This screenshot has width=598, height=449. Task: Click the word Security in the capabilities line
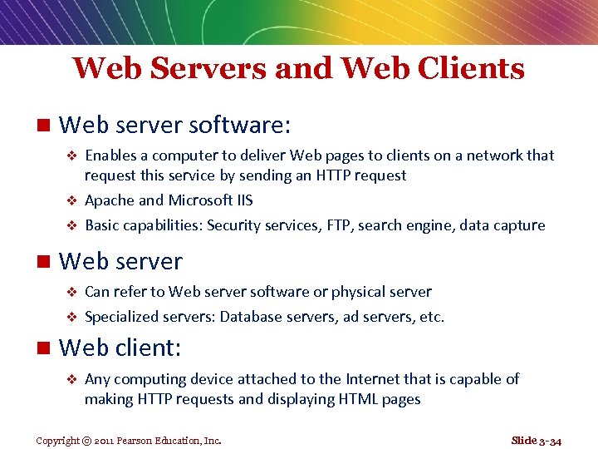234,225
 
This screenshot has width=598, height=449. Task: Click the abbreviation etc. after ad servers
432,317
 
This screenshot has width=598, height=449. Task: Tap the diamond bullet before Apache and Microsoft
71,201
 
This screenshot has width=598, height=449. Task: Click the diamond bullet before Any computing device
71,380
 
